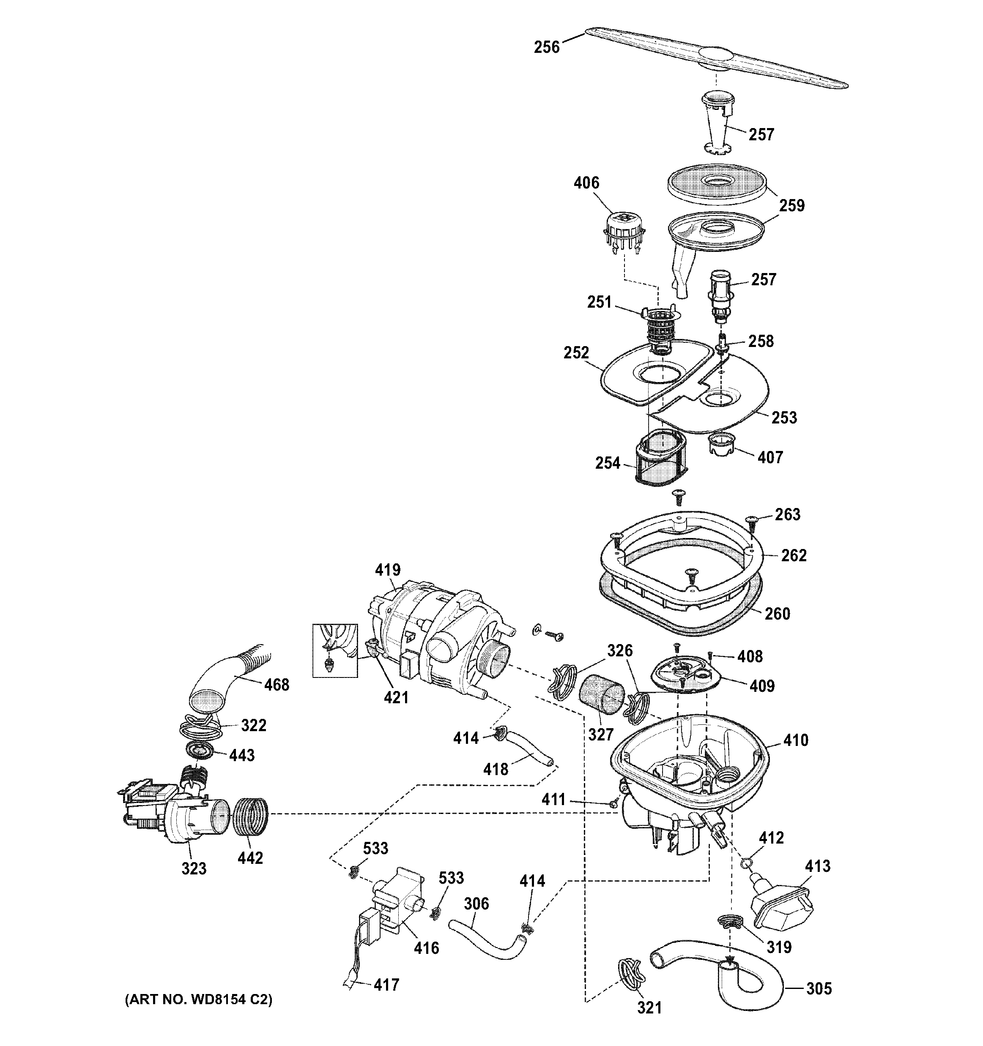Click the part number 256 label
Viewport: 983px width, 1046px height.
[546, 47]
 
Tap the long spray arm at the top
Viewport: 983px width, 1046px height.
[716, 58]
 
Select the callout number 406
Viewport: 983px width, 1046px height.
[586, 183]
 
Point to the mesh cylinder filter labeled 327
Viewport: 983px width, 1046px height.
[600, 694]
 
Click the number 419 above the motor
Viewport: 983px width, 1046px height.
[387, 570]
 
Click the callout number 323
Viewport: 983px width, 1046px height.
[194, 868]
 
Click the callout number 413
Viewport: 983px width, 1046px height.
[817, 866]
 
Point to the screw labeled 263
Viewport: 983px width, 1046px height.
[751, 522]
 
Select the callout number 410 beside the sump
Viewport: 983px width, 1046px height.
[795, 740]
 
